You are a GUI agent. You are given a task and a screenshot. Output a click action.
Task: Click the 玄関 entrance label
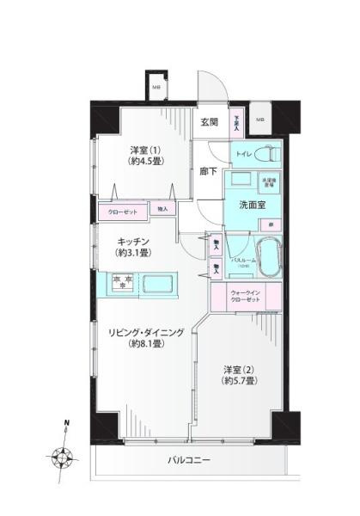[211, 122]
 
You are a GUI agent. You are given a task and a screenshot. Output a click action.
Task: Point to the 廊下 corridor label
[208, 171]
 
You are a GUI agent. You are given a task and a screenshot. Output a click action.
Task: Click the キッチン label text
[134, 242]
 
